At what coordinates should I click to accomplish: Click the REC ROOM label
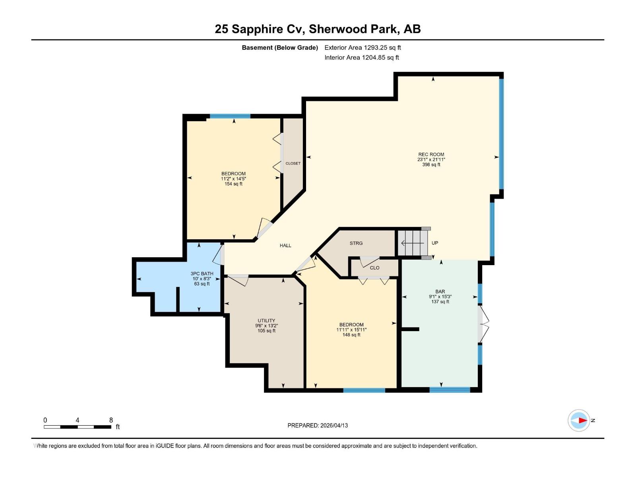431,155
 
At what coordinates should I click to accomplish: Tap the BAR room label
440,291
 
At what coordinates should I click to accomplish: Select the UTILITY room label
266,320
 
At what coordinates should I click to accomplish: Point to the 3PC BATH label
202,273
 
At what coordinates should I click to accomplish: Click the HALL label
285,246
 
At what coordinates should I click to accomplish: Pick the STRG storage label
356,243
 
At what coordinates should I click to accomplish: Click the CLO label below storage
374,268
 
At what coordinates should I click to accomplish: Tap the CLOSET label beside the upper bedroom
293,163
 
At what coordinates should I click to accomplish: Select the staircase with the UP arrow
413,243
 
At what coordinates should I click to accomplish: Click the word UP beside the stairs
435,243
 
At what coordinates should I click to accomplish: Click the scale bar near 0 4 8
78,427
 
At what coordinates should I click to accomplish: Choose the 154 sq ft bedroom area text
233,184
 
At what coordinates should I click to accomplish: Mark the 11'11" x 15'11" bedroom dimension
351,330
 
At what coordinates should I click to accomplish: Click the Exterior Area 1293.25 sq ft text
363,48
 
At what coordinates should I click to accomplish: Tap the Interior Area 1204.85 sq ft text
361,58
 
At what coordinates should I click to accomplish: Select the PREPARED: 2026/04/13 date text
318,425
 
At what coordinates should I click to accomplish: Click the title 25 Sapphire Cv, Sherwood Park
318,29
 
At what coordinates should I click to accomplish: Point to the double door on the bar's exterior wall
483,323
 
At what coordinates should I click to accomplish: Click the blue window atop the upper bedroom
230,116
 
